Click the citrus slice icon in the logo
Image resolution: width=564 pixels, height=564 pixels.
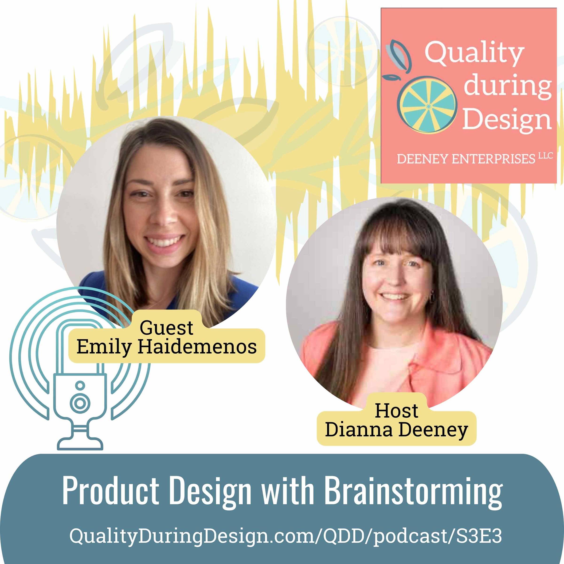[427, 105]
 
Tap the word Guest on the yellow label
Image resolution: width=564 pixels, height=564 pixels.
[166, 328]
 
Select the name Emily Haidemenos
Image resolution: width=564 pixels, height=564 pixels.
[166, 347]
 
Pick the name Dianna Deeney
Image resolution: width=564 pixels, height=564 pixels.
[396, 430]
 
